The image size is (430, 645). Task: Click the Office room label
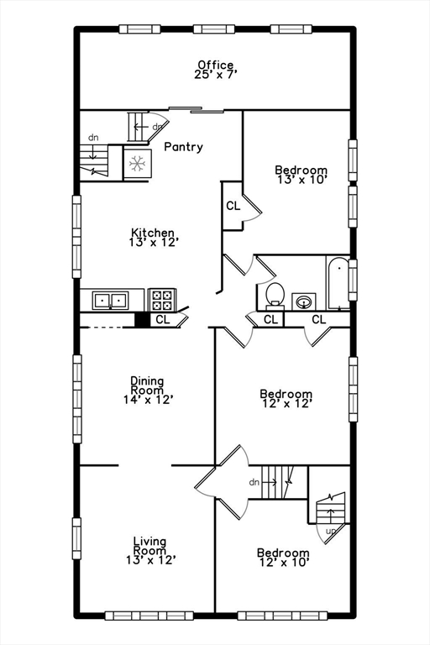(x=216, y=70)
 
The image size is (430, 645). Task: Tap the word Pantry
(x=184, y=147)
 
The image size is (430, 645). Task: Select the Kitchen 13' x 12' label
(x=153, y=238)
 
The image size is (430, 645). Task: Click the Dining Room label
(x=148, y=390)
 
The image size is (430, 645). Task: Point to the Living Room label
(x=150, y=551)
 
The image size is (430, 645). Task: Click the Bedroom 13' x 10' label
(x=302, y=175)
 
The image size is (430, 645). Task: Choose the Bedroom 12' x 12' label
(x=286, y=399)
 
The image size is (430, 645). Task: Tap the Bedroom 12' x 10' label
(x=283, y=558)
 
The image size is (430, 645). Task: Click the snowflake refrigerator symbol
(x=138, y=164)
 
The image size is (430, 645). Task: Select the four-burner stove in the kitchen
(x=162, y=300)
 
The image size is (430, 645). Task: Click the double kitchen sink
(x=110, y=301)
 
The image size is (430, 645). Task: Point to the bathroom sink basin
(x=304, y=302)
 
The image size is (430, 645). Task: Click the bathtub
(x=338, y=282)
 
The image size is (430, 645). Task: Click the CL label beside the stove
(x=163, y=319)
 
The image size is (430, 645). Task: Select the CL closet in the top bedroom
(x=233, y=206)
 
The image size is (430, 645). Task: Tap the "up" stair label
(x=331, y=531)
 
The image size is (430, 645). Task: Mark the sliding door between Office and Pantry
(x=197, y=110)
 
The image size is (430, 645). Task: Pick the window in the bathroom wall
(x=353, y=281)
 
